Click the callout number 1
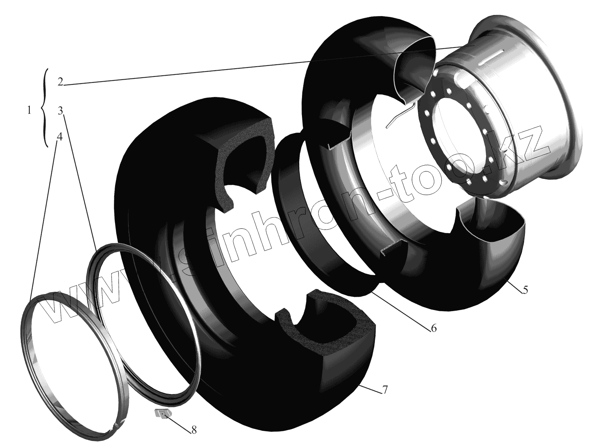(x=29, y=110)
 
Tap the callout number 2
(x=60, y=82)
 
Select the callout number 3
(x=60, y=111)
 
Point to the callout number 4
(x=60, y=137)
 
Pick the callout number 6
(x=434, y=328)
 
